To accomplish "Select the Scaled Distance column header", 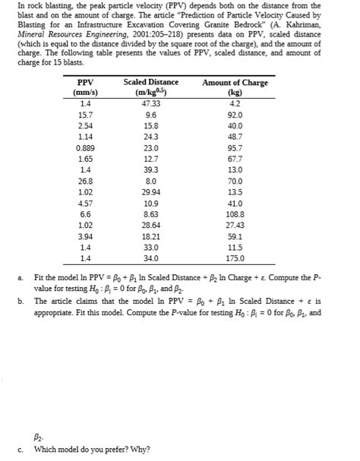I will pyautogui.click(x=150, y=82).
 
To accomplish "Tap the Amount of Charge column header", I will pyautogui.click(x=235, y=82).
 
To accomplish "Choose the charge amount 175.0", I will pyautogui.click(x=235, y=260).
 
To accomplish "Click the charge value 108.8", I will pyautogui.click(x=235, y=216).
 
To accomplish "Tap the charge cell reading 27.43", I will pyautogui.click(x=235, y=227).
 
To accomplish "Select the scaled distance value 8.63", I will pyautogui.click(x=150, y=216).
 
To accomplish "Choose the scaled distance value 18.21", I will pyautogui.click(x=150, y=238).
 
